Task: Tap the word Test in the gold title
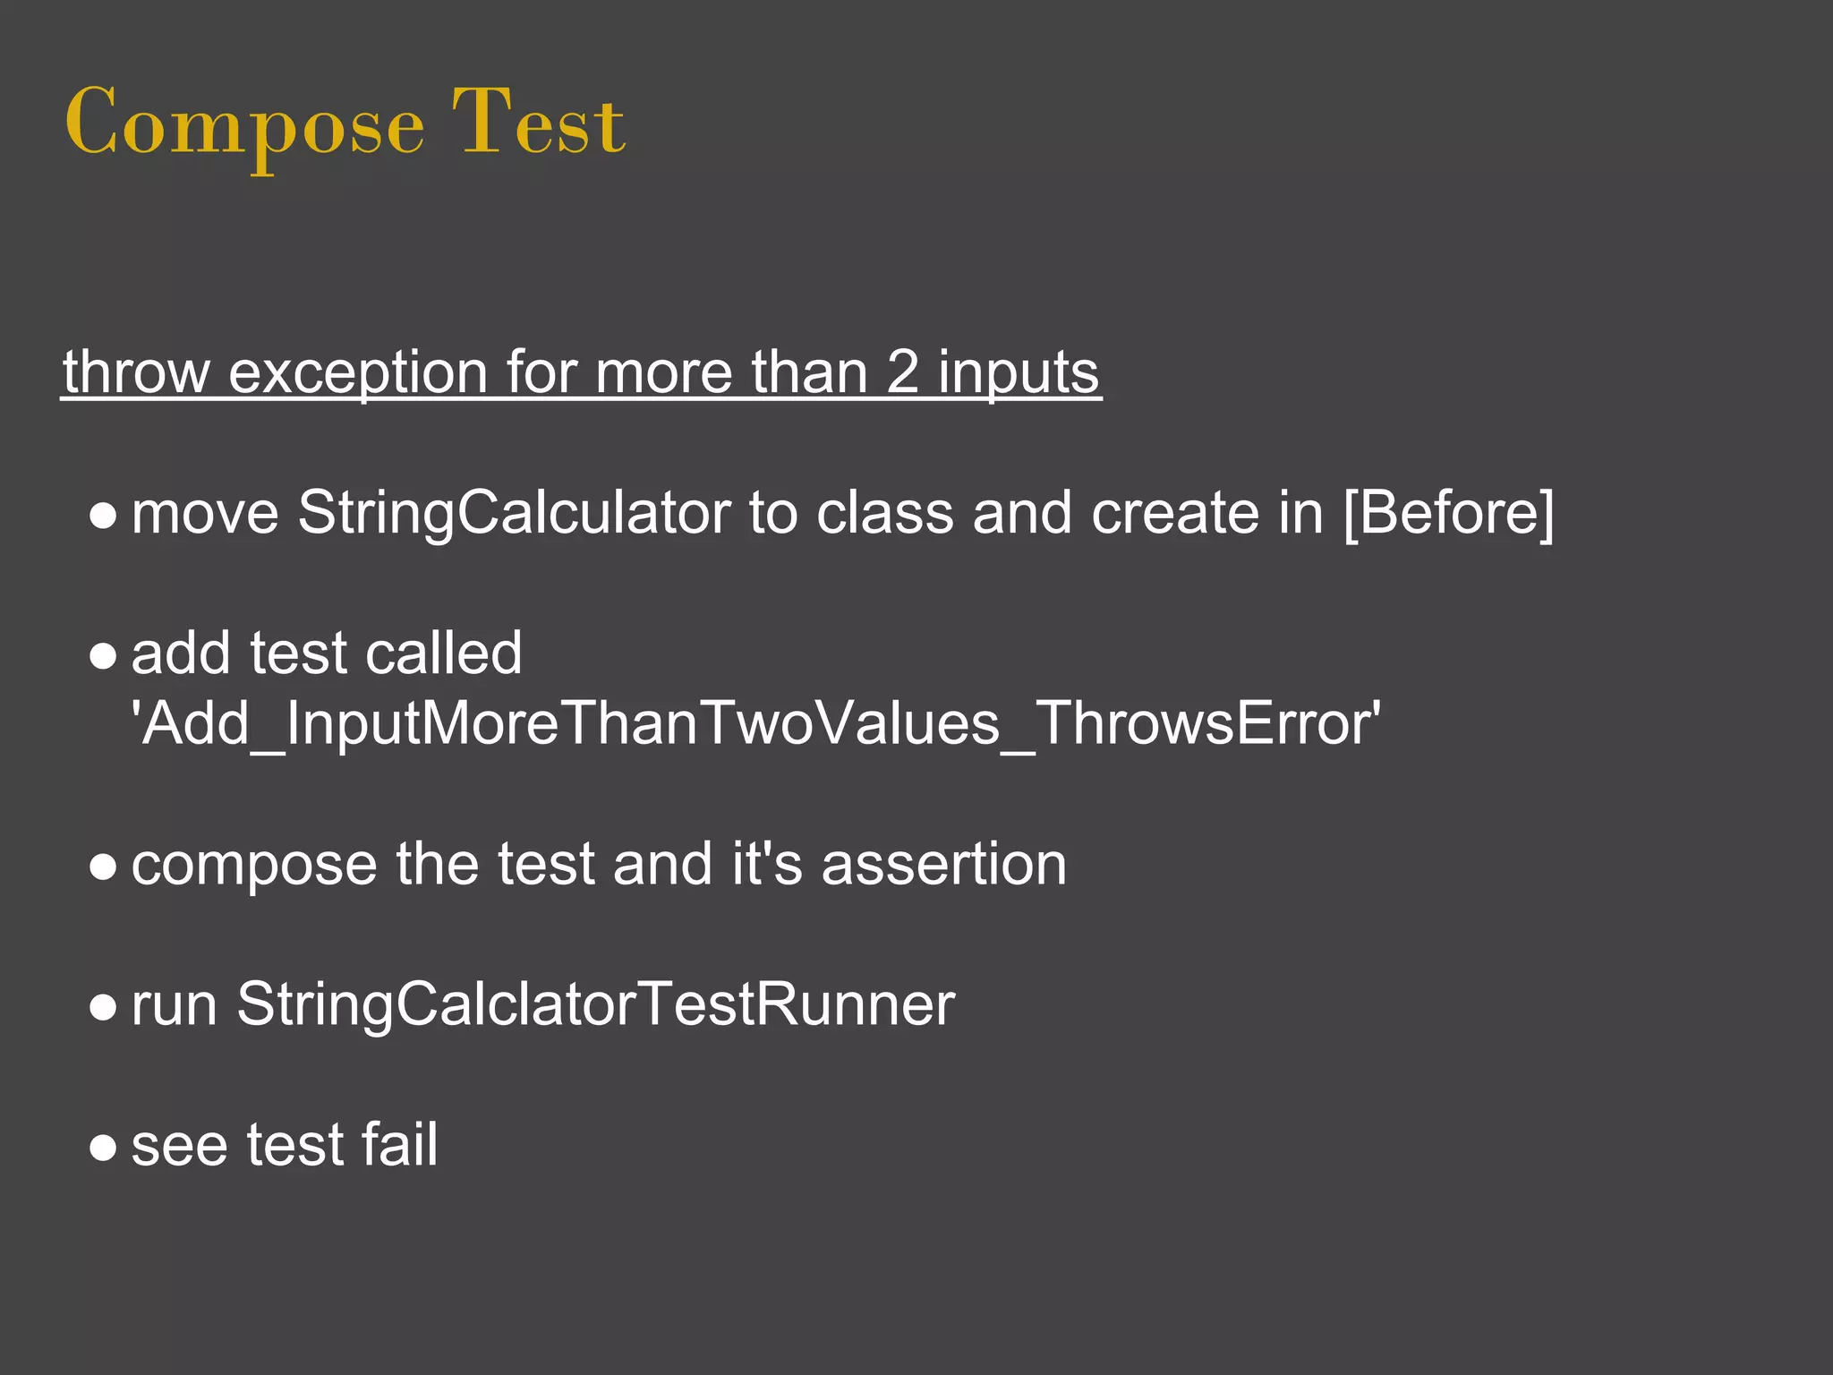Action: [538, 124]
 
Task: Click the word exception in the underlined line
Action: [357, 372]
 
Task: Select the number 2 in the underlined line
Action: [902, 372]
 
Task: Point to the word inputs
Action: [1019, 372]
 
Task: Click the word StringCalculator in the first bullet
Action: [514, 513]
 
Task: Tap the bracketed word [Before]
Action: [1449, 513]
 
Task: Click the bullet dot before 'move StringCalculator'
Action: [104, 517]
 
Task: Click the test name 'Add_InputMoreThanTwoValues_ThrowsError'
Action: [756, 723]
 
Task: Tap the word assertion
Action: [943, 864]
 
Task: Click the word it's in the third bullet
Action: [767, 864]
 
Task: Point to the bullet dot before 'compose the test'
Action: [104, 867]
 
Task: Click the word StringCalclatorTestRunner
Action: [595, 1004]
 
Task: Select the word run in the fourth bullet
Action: [175, 1004]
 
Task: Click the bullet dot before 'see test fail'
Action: [104, 1149]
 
